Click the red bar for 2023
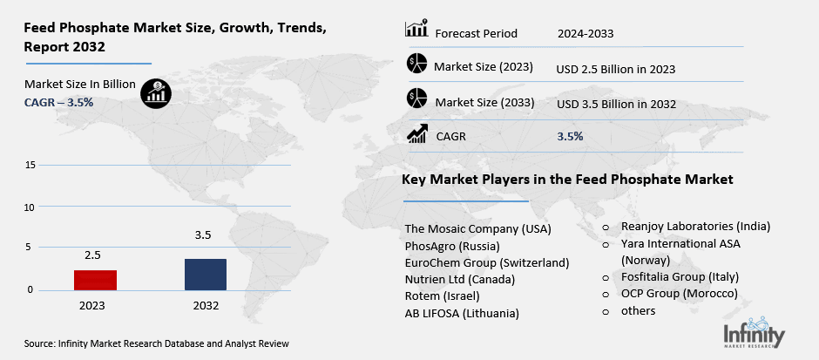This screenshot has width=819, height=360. pos(95,280)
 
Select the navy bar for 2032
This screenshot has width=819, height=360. pos(206,274)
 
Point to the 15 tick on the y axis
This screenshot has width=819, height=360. pos(30,165)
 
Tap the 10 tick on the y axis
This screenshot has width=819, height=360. pos(30,207)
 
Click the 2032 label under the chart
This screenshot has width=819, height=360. pos(206,306)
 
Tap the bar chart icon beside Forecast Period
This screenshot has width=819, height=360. pos(417,31)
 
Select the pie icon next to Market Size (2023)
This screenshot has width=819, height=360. pos(417,65)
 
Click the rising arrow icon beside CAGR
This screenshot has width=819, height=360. pos(417,134)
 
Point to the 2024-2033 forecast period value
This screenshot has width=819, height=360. pos(585,34)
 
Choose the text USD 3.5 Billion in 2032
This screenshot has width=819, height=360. pos(616,104)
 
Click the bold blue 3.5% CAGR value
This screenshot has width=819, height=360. pos(570,136)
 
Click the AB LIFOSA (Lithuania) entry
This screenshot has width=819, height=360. pos(462,313)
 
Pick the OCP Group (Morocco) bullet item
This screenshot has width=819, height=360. pos(680,294)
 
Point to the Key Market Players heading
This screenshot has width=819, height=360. pos(567,179)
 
